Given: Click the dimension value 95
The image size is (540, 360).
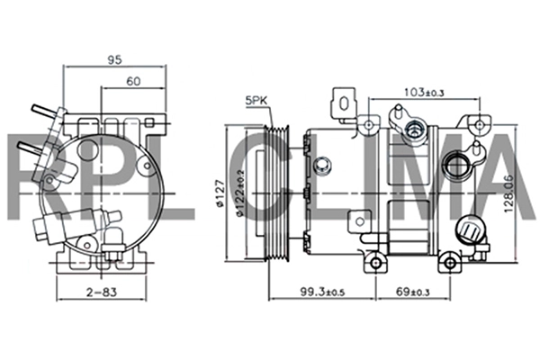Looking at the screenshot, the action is pyautogui.click(x=114, y=59).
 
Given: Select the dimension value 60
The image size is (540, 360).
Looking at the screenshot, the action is pyautogui.click(x=133, y=81).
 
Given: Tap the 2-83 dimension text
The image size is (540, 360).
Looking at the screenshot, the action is pyautogui.click(x=102, y=292).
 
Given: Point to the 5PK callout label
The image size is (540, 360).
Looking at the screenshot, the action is pyautogui.click(x=256, y=100).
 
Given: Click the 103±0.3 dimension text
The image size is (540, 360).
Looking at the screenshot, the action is pyautogui.click(x=424, y=92).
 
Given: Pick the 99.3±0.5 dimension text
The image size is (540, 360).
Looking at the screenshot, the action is pyautogui.click(x=322, y=292).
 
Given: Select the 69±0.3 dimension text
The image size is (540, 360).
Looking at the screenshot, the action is pyautogui.click(x=412, y=292).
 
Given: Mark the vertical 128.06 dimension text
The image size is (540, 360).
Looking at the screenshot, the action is pyautogui.click(x=509, y=194).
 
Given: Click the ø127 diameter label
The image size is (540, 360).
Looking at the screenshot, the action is pyautogui.click(x=220, y=193).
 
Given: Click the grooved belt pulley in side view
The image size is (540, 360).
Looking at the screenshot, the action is pyautogui.click(x=276, y=193).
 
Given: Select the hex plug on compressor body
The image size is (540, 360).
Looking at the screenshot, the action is pyautogui.click(x=322, y=165).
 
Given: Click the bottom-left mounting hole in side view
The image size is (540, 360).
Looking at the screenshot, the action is pyautogui.click(x=375, y=263).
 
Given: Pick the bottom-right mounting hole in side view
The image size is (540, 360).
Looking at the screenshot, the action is pyautogui.click(x=450, y=263).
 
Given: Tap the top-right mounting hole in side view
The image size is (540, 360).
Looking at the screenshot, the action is pyautogui.click(x=480, y=124).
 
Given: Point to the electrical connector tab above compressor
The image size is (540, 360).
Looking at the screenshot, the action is pyautogui.click(x=344, y=103).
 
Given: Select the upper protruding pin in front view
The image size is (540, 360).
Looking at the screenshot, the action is pyautogui.click(x=43, y=111).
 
